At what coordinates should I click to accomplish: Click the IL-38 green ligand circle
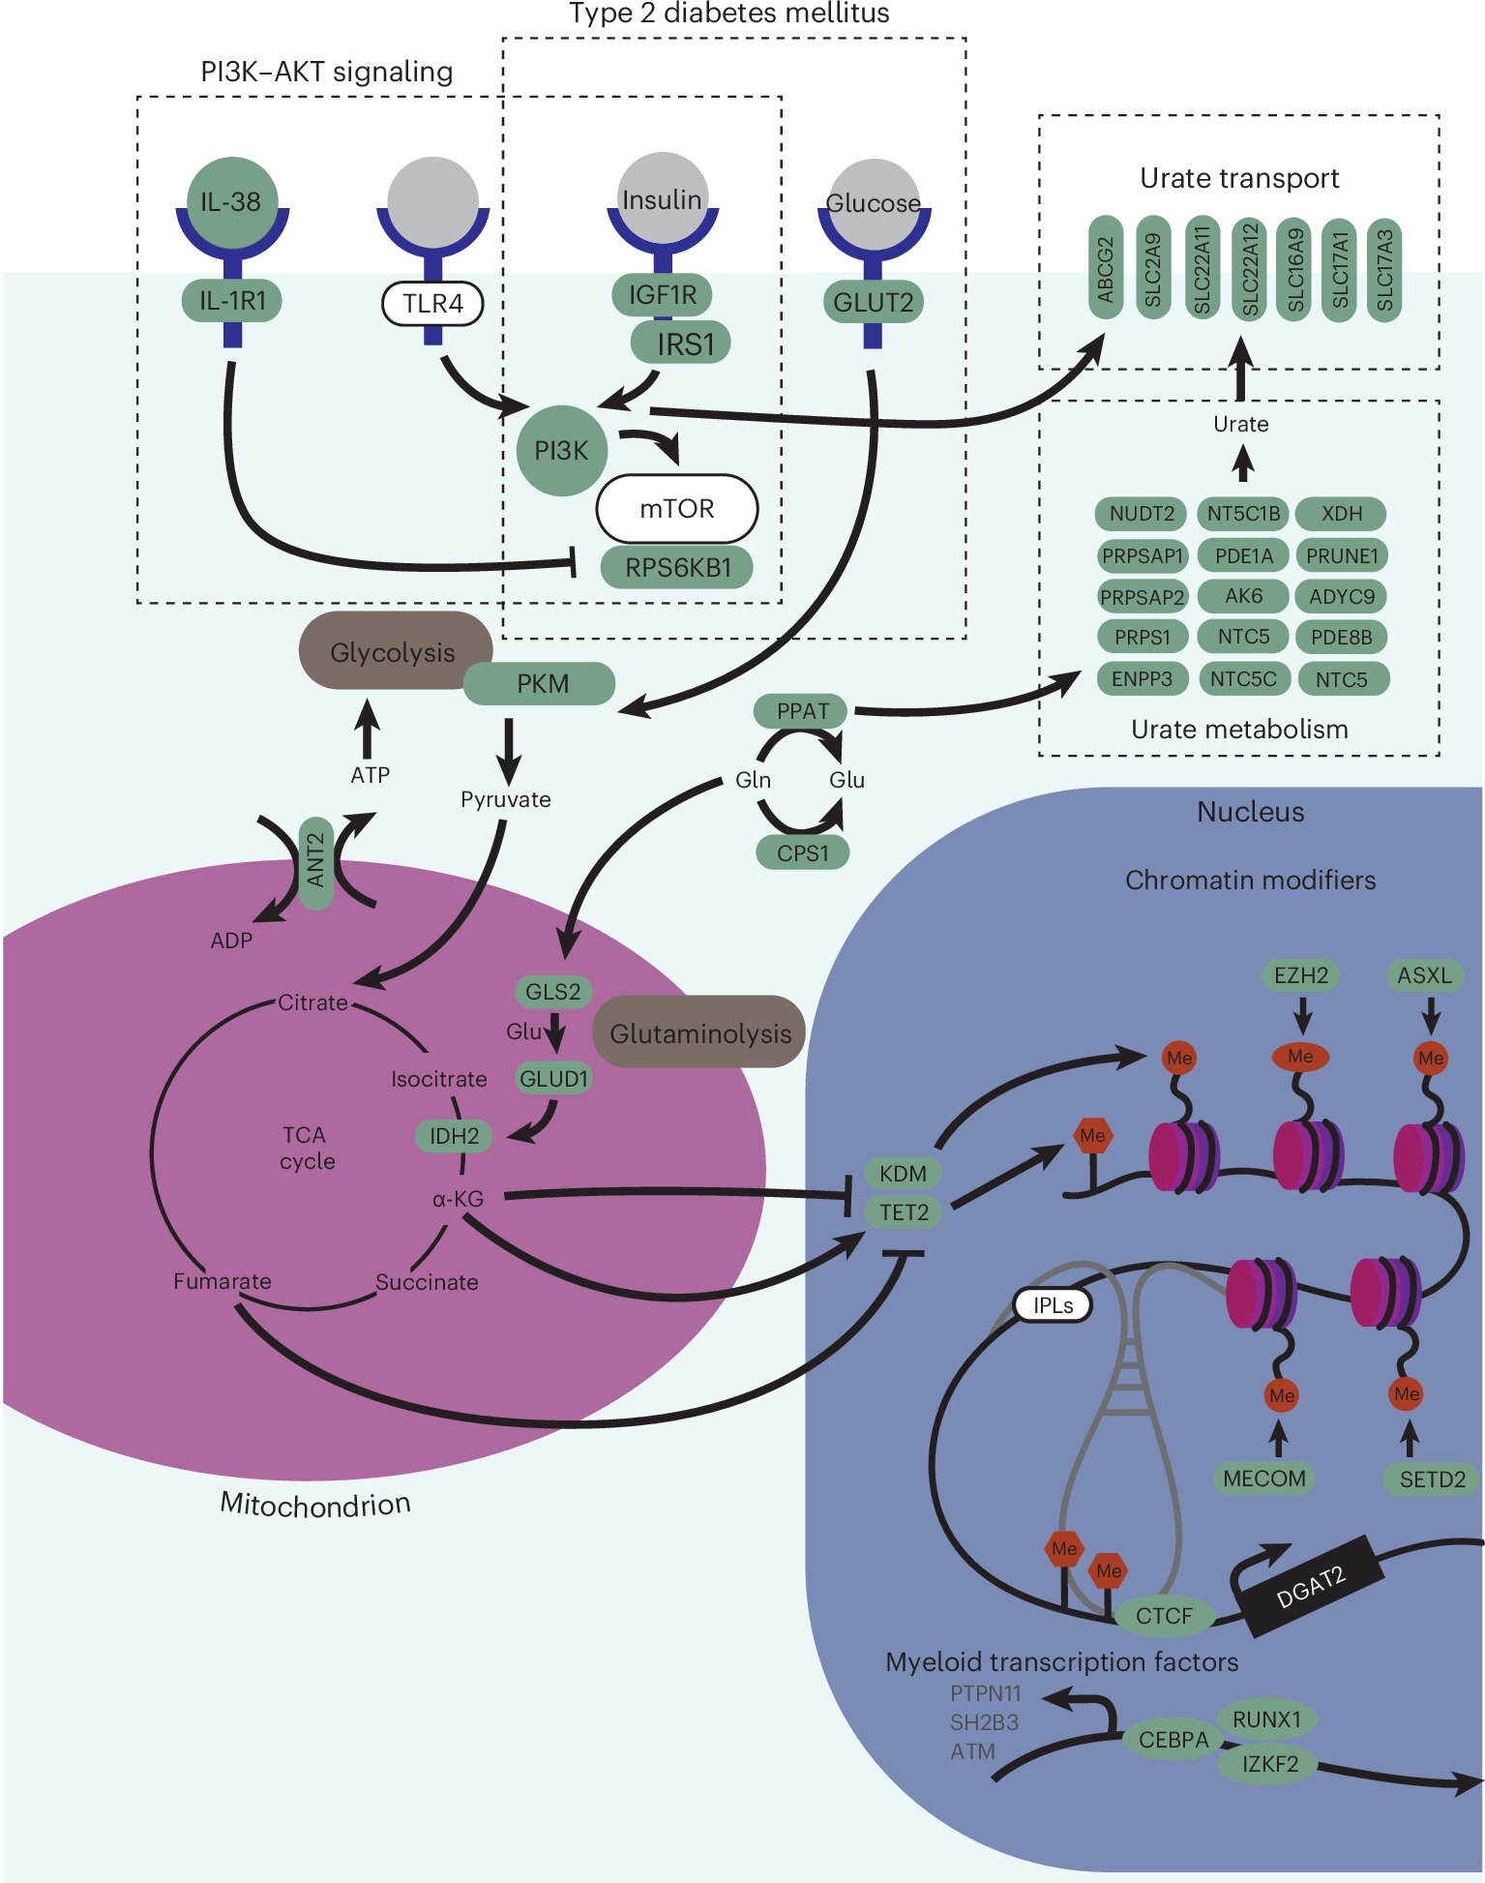click(x=231, y=202)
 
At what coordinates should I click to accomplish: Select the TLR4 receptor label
click(x=432, y=304)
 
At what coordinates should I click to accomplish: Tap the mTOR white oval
click(x=676, y=508)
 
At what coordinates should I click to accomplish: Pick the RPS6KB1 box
click(x=677, y=567)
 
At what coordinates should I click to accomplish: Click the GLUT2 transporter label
click(x=873, y=303)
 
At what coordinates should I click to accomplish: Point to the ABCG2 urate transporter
click(x=1105, y=268)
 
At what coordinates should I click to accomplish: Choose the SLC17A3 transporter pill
click(x=1384, y=268)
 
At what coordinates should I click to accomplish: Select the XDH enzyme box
click(x=1341, y=514)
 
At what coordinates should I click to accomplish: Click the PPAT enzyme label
click(x=801, y=711)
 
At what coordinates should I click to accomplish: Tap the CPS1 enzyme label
click(x=802, y=852)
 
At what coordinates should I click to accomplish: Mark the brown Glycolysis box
click(x=392, y=651)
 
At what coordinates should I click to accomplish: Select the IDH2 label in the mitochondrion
click(x=454, y=1135)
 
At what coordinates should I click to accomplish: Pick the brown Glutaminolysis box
click(x=699, y=1032)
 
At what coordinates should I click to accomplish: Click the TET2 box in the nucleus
click(x=904, y=1212)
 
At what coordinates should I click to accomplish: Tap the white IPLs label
click(x=1053, y=1305)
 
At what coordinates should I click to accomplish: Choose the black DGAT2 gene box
click(x=1311, y=1586)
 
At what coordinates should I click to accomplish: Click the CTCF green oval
click(x=1164, y=1615)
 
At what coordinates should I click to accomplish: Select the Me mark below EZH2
click(x=1300, y=1057)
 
